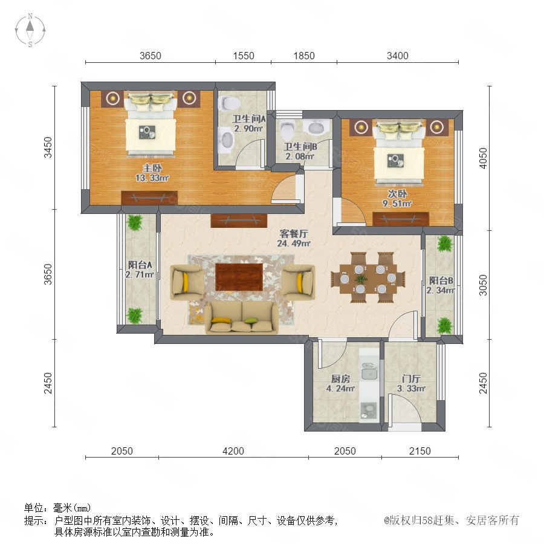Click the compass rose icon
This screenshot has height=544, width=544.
(x=30, y=30)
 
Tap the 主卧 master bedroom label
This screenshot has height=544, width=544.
(x=152, y=168)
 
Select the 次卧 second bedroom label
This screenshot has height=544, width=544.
(x=397, y=193)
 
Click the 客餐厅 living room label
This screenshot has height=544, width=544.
(x=294, y=233)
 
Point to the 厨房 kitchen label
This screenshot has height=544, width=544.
(x=340, y=378)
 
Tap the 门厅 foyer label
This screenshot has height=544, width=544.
(x=411, y=378)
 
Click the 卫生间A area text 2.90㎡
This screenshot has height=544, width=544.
(x=248, y=128)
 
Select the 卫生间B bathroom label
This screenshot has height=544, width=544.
(x=300, y=147)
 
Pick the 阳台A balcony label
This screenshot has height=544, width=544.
(x=140, y=265)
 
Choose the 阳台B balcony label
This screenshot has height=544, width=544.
(x=441, y=280)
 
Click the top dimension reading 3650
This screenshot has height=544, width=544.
(x=151, y=56)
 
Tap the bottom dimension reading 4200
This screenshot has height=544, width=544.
(x=233, y=451)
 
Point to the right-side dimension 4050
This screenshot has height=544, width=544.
(x=483, y=158)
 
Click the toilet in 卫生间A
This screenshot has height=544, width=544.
(x=229, y=103)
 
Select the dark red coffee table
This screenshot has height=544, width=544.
(x=239, y=277)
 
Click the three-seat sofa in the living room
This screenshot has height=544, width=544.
(x=241, y=317)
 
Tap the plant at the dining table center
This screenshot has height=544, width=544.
(x=361, y=279)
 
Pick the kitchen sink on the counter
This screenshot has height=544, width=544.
(x=369, y=371)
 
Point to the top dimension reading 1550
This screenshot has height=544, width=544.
(x=244, y=56)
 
